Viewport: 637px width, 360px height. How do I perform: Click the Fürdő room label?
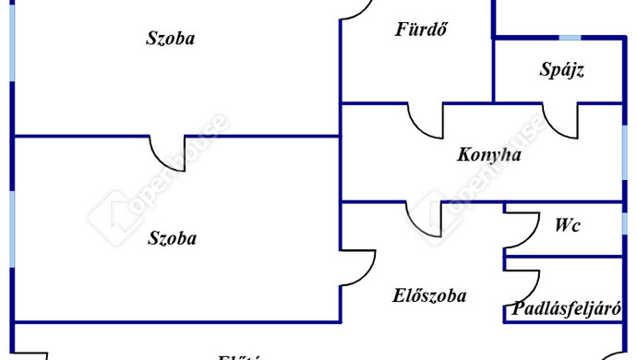tap(421, 28)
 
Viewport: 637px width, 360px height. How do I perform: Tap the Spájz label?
tap(562, 69)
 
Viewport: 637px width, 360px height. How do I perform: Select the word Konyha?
tap(488, 154)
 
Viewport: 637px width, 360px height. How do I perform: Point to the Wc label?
tap(568, 224)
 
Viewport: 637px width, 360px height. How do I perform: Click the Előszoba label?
tap(429, 295)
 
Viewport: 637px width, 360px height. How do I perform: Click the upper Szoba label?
tap(172, 38)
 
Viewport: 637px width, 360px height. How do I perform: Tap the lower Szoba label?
tap(173, 237)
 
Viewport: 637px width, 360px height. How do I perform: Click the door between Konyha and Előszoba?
tap(426, 217)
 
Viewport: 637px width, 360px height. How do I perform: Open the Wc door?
tap(523, 230)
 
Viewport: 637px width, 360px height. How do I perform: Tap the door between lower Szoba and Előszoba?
tap(356, 267)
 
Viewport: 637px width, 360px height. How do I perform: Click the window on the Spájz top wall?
tap(571, 37)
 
